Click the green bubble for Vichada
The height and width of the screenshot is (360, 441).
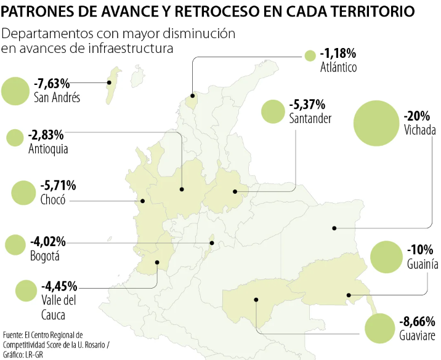tap(376, 123)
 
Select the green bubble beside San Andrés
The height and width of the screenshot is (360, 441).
tap(16, 90)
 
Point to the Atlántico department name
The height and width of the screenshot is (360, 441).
tap(338, 67)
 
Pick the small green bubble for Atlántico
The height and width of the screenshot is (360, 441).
tap(310, 56)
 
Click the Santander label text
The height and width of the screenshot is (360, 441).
tap(310, 118)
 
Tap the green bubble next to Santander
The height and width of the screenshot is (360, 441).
tap(272, 111)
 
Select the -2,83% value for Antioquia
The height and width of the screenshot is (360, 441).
tap(46, 135)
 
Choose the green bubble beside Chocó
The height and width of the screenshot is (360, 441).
tap(23, 193)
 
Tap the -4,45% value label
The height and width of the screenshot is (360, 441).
tap(59, 286)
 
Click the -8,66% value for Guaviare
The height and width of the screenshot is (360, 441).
tap(418, 321)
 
